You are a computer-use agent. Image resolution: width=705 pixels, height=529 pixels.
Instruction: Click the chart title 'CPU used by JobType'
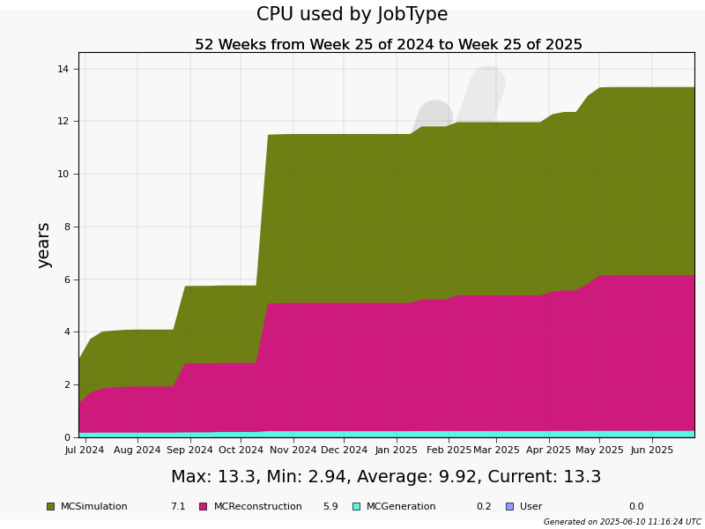tap(352, 14)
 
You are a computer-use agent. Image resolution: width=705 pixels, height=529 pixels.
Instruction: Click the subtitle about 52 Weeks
tap(389, 45)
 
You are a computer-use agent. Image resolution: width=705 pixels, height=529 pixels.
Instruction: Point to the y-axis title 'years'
tap(43, 246)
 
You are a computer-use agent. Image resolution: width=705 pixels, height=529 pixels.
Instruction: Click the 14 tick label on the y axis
tap(63, 69)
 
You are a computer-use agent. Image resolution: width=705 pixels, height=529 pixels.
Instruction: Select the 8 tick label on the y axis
tap(67, 227)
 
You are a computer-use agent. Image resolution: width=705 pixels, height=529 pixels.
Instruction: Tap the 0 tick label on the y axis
tap(67, 437)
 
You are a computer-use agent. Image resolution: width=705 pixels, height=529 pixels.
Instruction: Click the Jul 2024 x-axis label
tap(84, 450)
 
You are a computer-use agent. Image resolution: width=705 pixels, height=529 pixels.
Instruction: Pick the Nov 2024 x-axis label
tap(293, 450)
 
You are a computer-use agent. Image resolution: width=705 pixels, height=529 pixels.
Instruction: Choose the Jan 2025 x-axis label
tap(396, 450)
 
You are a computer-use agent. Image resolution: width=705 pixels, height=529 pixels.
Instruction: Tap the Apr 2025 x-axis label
tap(548, 450)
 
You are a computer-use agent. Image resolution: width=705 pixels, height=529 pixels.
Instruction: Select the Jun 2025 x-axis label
tap(651, 450)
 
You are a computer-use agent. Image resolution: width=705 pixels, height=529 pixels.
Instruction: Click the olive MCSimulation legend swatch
tap(51, 506)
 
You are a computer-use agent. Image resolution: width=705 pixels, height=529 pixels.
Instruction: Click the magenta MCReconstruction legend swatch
tap(204, 506)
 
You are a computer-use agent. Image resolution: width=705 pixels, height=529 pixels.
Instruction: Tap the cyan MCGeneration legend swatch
tap(357, 506)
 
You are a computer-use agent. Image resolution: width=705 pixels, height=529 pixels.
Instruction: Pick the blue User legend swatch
tap(510, 506)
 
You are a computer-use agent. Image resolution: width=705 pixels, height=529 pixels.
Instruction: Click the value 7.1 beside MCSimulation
tap(178, 506)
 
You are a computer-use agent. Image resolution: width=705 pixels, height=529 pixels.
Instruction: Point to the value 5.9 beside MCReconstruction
tap(330, 506)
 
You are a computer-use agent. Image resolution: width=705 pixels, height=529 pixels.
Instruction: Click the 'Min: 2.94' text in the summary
tap(308, 476)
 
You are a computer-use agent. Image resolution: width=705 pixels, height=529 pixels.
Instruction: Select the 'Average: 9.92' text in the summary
tap(417, 476)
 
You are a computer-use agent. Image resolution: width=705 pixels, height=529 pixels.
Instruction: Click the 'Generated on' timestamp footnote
tap(622, 522)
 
